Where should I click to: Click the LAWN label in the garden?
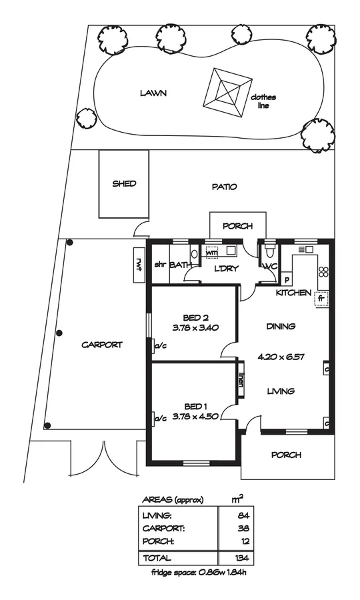click(x=153, y=93)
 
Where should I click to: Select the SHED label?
click(x=124, y=183)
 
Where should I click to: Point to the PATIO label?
click(x=224, y=187)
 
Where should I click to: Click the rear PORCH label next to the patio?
click(x=238, y=226)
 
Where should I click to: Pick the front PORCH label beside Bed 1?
click(x=286, y=455)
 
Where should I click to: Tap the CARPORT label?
click(x=101, y=345)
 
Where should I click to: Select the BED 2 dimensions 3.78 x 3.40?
click(x=195, y=327)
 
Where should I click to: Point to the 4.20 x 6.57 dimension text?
click(x=281, y=357)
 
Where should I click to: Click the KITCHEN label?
click(x=293, y=293)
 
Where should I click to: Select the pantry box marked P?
click(x=286, y=280)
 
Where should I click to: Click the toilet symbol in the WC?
click(x=269, y=253)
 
